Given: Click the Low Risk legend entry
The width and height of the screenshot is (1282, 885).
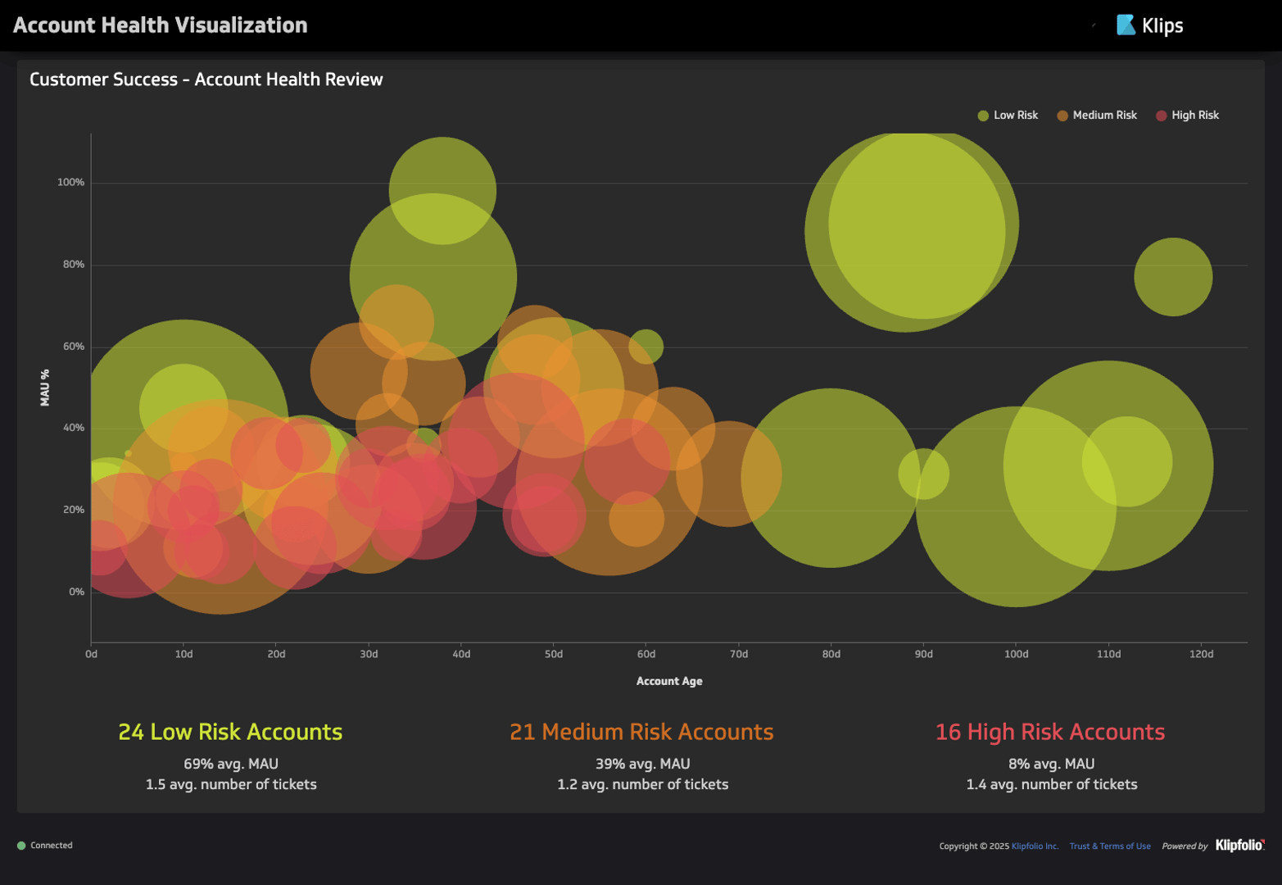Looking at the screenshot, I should point(1008,116).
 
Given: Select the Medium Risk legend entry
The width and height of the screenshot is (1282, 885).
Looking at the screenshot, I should point(1097,116).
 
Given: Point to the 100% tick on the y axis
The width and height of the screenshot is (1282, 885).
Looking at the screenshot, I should point(70,183).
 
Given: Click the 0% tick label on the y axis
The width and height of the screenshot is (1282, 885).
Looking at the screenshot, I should point(76,592).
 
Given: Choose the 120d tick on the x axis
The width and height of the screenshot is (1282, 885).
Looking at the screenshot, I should point(1201,654).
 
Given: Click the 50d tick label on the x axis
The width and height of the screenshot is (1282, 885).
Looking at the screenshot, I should point(554,654).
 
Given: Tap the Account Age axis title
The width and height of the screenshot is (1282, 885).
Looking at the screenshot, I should point(669,681).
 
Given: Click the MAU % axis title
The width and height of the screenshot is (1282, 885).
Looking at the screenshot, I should point(45,388).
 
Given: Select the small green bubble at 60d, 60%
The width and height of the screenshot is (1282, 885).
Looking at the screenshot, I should point(646,347).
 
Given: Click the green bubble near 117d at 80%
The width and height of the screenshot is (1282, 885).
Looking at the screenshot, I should point(1173,277).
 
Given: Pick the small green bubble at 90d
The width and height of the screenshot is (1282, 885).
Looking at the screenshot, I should point(923,474).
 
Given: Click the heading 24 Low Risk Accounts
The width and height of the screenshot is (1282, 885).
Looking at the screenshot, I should point(230,732).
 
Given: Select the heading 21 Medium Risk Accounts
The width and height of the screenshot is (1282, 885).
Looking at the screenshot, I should point(641,732).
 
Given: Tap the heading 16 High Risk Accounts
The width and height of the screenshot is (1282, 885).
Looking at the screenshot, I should point(1050,732).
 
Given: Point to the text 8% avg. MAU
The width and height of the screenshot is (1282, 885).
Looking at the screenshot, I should point(1051,764).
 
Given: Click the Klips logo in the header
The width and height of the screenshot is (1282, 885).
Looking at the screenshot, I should point(1150,25).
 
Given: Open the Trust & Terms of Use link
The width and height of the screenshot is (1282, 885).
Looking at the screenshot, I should point(1109,846).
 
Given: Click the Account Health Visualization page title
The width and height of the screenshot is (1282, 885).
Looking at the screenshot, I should point(161,25).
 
